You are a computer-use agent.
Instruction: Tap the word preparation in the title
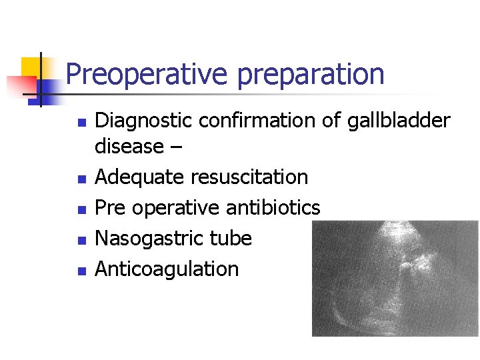tap(311, 75)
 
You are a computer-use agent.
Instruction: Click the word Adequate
tap(140, 177)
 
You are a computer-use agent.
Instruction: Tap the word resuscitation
tap(249, 177)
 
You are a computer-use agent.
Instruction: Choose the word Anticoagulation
tap(167, 269)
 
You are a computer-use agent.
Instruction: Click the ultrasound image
tap(395, 278)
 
